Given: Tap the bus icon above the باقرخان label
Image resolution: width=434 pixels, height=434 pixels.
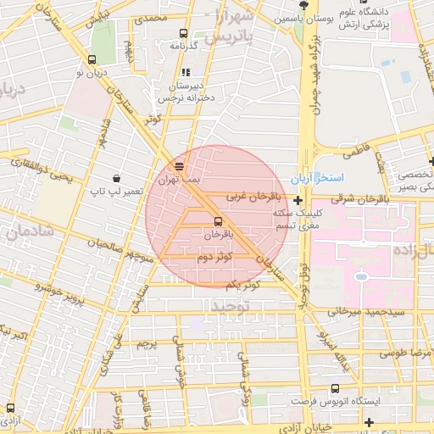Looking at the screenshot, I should (220, 220).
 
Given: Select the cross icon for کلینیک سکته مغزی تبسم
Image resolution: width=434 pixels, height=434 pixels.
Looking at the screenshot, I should (298, 201).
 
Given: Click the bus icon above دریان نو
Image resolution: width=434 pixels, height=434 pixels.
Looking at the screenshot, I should (92, 59).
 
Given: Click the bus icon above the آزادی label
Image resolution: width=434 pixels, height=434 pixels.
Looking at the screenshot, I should (9, 408).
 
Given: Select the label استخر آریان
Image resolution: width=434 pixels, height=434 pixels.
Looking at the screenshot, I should (316, 179).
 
